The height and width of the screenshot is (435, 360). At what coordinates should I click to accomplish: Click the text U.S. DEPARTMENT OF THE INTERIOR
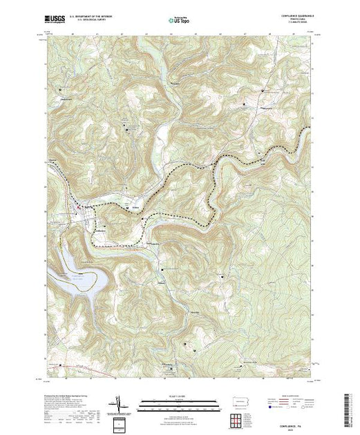[x=92, y=16]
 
